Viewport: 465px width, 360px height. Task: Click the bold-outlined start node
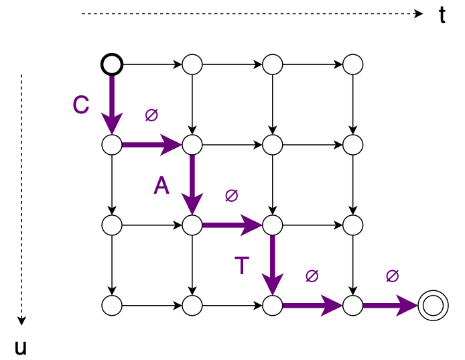point(112,64)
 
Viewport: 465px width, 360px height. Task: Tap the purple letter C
point(81,105)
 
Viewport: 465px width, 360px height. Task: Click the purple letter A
point(161,186)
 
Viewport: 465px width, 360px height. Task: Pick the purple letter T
point(242,265)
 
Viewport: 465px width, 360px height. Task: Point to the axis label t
point(442,15)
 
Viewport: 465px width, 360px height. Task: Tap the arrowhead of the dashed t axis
point(418,13)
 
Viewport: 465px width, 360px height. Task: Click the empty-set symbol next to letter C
point(151,115)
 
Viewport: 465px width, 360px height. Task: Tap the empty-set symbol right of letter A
point(232,196)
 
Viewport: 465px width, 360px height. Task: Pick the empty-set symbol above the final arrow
point(393,276)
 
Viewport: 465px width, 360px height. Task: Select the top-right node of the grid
point(352,64)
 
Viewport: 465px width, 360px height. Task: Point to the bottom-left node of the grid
point(112,306)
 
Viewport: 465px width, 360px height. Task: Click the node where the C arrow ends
point(112,144)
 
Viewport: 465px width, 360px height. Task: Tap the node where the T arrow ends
point(273,306)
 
